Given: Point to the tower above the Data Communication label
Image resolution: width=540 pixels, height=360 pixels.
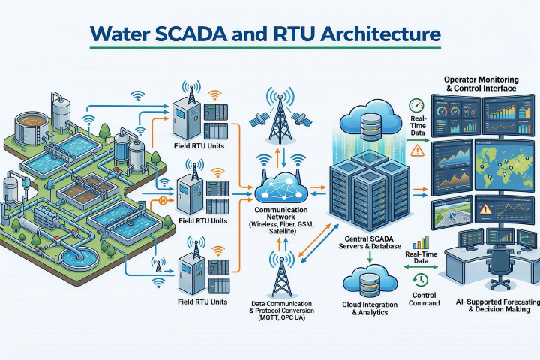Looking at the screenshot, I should [x=282, y=274].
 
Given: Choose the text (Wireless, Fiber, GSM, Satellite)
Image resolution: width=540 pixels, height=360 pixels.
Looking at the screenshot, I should [x=276, y=228].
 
